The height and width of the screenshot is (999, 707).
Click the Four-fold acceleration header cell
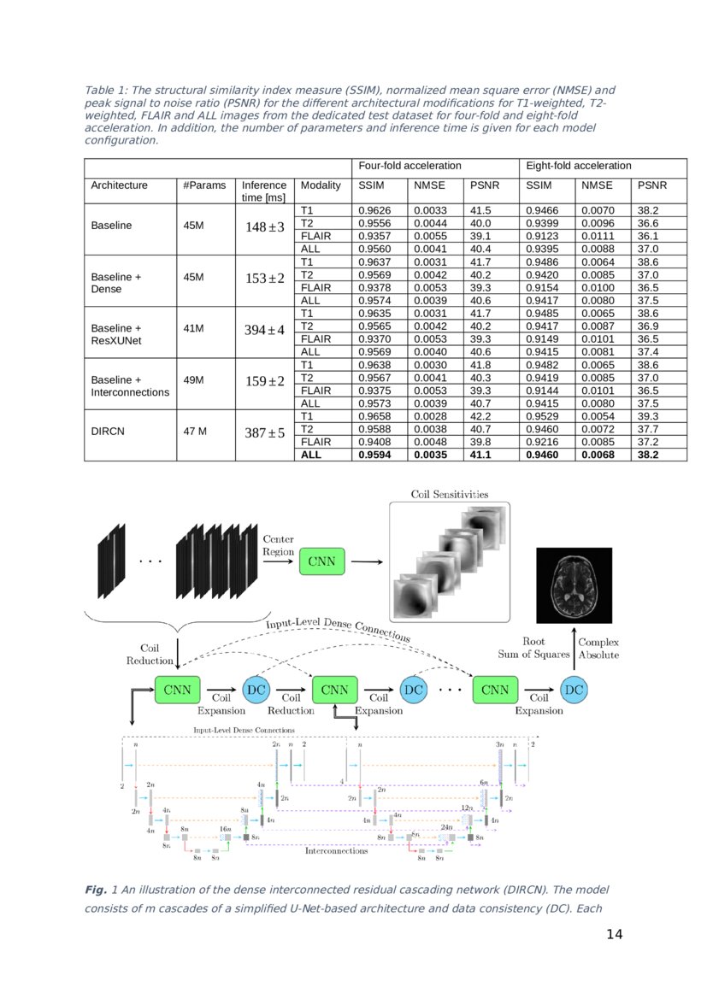[409, 166]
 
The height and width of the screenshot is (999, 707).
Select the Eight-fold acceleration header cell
[578, 166]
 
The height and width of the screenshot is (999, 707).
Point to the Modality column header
[321, 185]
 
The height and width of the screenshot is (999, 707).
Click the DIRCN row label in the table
[108, 432]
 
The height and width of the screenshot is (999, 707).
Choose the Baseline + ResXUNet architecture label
[116, 334]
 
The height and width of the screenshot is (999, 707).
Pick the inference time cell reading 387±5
[264, 433]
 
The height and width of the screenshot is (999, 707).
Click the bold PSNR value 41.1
[480, 455]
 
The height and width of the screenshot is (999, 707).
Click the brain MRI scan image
[574, 585]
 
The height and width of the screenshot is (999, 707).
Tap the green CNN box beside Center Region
[322, 561]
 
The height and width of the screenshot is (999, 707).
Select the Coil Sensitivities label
[449, 494]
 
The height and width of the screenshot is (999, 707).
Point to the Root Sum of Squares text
[534, 648]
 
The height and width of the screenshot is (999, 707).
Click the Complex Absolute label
[598, 648]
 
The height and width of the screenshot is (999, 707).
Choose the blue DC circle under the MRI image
[574, 690]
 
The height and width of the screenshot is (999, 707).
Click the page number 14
[614, 934]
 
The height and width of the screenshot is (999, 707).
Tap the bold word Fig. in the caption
[95, 890]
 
